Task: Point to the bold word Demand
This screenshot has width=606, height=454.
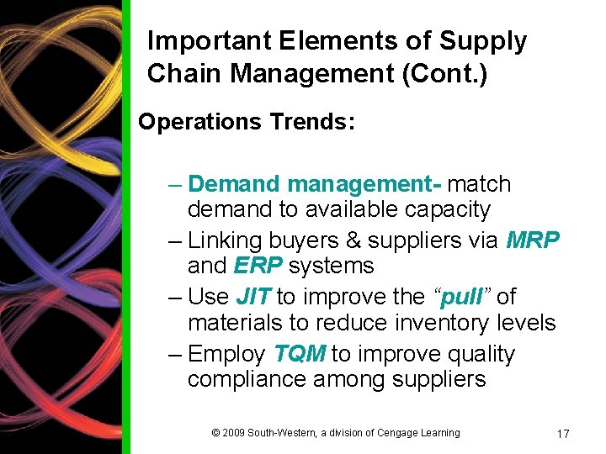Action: [234, 184]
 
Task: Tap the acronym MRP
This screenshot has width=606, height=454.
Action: [533, 240]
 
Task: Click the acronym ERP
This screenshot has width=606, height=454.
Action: [258, 266]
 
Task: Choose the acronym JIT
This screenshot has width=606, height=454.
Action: [253, 297]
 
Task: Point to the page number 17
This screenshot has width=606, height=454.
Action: [563, 434]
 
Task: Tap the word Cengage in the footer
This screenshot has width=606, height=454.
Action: [394, 433]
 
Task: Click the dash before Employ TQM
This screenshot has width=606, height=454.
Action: [173, 354]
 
